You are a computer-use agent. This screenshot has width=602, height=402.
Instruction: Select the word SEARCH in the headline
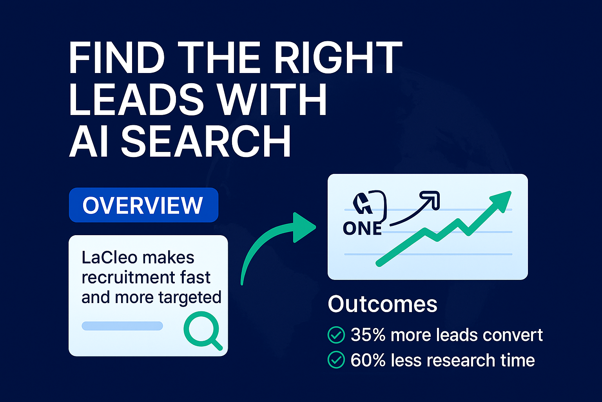206,142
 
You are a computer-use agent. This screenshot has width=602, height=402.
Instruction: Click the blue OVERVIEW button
143,205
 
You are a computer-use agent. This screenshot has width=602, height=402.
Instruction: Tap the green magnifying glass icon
201,329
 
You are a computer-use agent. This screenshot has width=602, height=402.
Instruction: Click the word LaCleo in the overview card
109,258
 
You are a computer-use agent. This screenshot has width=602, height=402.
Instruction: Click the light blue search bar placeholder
122,326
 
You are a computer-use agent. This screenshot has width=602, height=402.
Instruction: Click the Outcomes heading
382,304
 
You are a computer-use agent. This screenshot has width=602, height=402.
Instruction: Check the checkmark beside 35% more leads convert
336,335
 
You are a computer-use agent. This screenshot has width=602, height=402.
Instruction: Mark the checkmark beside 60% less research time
336,360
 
